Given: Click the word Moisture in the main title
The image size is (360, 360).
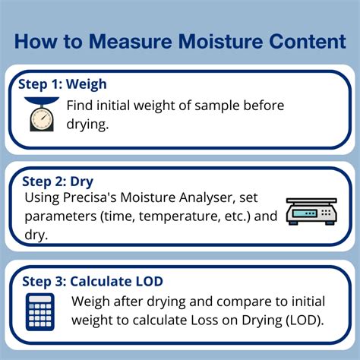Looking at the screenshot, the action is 220,41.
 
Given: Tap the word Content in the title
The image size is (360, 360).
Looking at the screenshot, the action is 307,41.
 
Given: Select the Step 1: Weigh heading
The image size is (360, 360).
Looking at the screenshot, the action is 62,84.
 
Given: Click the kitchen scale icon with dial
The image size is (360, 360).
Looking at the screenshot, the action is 42,114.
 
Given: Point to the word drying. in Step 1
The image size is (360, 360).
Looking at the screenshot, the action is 87,125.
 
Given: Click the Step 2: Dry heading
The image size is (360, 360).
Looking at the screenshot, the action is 58,182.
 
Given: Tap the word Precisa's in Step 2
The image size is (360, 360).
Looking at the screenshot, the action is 90,197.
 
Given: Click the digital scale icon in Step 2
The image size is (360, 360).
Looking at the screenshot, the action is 311,211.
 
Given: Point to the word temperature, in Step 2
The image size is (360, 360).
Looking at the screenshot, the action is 179,216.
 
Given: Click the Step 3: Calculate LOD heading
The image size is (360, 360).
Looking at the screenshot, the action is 93,281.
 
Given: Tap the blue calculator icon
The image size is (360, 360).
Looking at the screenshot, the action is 40,312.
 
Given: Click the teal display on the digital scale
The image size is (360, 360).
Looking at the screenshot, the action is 305,213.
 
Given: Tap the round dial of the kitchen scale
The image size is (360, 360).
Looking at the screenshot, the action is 42,118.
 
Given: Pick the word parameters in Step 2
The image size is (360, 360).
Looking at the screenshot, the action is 61,217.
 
